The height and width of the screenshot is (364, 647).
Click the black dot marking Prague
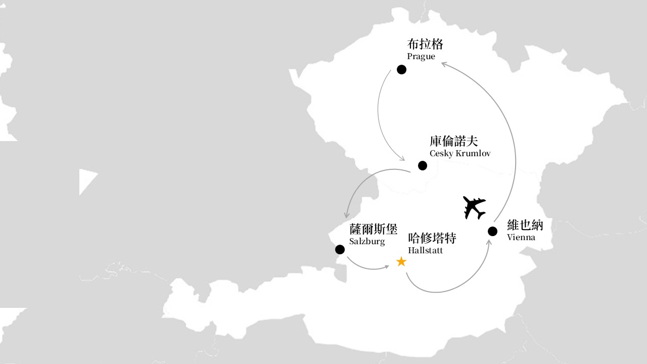pos(401,70)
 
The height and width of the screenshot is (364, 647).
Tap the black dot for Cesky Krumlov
pos(423,166)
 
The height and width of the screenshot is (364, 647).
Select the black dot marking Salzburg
pos(340,250)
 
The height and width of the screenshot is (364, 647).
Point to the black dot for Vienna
pos(492,232)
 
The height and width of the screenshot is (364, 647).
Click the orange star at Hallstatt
pos(401,262)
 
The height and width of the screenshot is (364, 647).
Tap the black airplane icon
pos(474,208)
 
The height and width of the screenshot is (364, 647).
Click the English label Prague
pos(421,56)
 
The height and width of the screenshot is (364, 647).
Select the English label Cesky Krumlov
pos(460,153)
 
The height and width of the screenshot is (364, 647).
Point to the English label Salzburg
pos(367,242)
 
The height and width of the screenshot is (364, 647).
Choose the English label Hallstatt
pos(425,250)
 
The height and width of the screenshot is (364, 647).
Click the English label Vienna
pos(521,237)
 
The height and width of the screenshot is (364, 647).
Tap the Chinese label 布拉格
pos(425,44)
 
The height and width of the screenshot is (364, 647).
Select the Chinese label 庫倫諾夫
pos(453,141)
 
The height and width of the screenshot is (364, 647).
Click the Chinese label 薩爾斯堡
pos(373,229)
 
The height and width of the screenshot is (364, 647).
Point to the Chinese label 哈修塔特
pos(432,238)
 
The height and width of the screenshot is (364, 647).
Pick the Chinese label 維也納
pos(525,225)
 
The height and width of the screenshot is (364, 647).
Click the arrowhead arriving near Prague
pos(444,64)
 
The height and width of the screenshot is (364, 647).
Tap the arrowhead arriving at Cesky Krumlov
pos(402,158)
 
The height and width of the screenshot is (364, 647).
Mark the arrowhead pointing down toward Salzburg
pos(347,215)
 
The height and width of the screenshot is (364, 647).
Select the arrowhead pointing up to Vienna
pos(489,242)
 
